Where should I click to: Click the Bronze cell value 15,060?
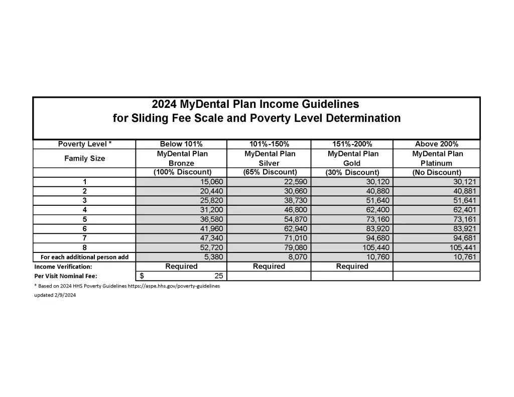point(212,182)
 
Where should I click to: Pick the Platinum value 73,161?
point(462,219)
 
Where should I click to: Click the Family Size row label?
point(84,158)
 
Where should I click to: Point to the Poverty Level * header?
point(84,144)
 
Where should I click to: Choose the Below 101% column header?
point(181,144)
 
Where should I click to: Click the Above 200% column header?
point(436,144)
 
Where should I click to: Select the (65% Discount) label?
point(270,172)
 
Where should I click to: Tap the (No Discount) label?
point(436,172)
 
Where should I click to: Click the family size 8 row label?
point(84,248)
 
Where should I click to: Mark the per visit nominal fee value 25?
point(218,276)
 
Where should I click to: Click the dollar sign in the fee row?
point(142,276)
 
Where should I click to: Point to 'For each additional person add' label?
point(84,257)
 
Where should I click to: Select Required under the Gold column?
point(352,267)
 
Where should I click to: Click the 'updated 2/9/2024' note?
point(55,295)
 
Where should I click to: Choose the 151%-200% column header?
point(352,144)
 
